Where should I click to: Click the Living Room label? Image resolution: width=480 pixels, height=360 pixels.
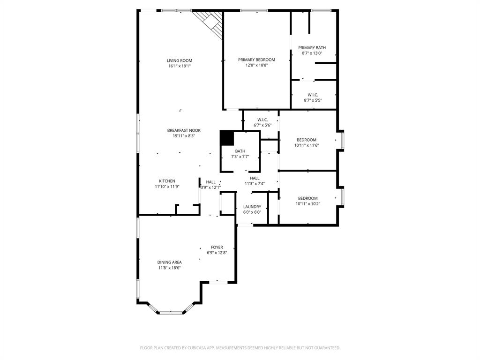point(180,60)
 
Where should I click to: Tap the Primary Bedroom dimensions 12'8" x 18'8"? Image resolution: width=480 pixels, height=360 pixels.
point(256,66)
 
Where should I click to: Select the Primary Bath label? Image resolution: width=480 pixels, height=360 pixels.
point(312,47)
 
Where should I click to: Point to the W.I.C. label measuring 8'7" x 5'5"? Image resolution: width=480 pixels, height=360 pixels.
point(313,95)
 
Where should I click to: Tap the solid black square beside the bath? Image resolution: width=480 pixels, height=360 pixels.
point(227,138)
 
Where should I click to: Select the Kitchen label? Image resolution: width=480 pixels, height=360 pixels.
point(167,181)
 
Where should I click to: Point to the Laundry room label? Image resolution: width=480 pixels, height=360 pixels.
point(252,207)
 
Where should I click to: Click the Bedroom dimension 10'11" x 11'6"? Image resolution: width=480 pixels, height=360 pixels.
point(307,146)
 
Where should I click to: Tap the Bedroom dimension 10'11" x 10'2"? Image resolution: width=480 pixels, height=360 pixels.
point(307,204)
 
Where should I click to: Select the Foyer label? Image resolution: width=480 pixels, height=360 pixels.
point(217,247)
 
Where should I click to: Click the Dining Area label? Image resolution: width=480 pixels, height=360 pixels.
point(169,262)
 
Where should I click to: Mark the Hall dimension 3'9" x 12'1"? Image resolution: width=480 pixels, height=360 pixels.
point(210,187)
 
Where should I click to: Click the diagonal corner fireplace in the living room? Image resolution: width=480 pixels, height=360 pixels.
point(210,23)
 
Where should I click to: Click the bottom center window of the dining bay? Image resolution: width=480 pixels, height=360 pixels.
point(171,312)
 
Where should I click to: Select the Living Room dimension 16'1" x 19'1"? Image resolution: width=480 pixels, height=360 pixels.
point(180,66)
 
